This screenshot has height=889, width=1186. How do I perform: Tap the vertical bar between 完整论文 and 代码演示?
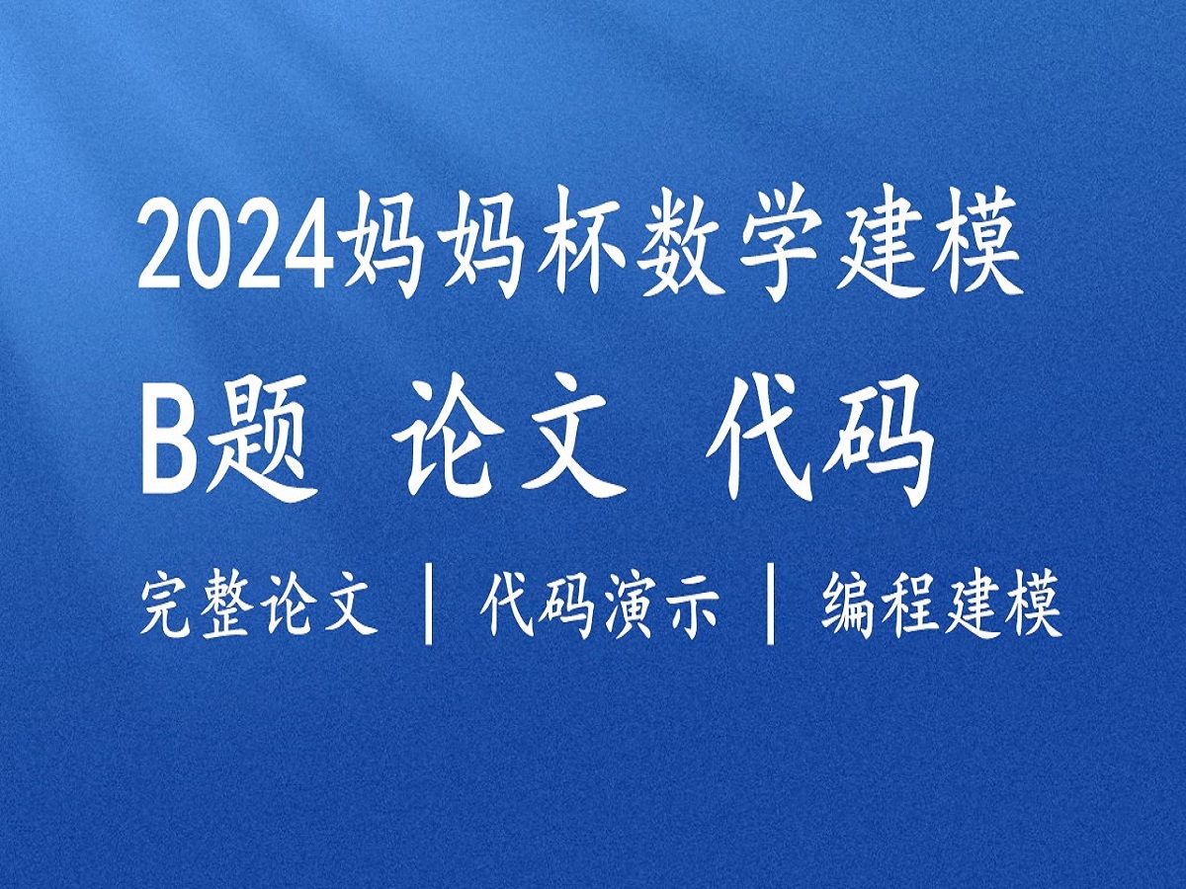pyautogui.click(x=429, y=604)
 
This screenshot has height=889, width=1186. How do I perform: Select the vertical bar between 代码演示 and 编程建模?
pyautogui.click(x=771, y=604)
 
